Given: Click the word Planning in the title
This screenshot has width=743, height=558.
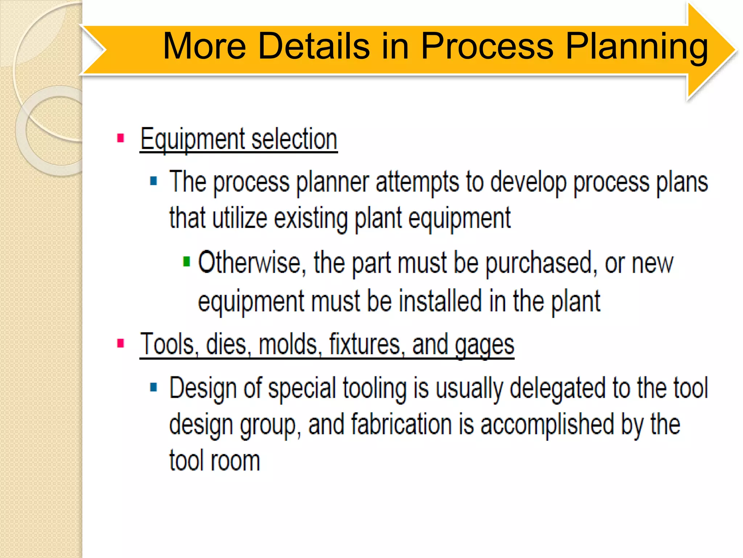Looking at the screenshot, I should [636, 46].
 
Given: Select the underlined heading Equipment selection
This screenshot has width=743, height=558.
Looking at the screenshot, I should [239, 139].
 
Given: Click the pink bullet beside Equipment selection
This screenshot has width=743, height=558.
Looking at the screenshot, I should [121, 138].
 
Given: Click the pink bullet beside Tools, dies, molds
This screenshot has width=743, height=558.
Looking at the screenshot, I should [121, 343].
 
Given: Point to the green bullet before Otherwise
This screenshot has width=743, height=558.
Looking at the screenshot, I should [186, 261].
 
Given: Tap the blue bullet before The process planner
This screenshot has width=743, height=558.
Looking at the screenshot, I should [153, 181].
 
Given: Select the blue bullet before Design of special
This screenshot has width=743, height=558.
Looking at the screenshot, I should [153, 387].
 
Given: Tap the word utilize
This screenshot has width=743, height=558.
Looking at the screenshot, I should [240, 218].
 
